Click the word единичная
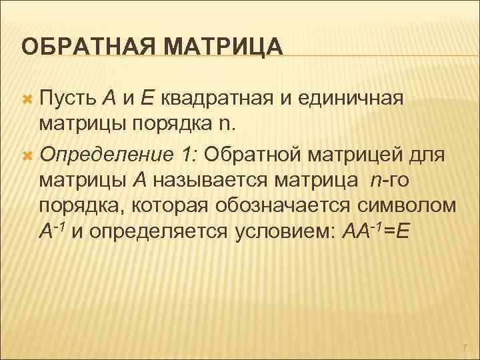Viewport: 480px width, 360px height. click(353, 99)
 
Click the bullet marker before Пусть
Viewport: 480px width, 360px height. click(27, 100)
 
